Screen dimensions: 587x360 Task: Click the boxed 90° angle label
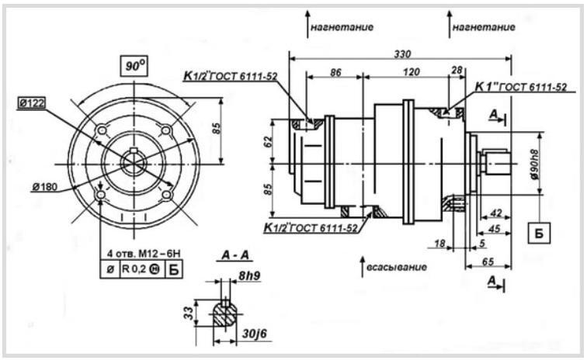click(x=134, y=66)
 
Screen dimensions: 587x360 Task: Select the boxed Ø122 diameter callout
click(x=32, y=103)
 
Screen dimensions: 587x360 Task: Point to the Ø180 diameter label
click(x=45, y=186)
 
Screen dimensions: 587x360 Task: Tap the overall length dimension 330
click(x=402, y=54)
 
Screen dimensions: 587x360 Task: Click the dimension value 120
click(x=412, y=71)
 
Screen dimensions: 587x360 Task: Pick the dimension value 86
click(x=335, y=72)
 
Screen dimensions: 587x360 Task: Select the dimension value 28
click(x=457, y=70)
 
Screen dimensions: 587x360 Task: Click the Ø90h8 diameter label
click(x=535, y=164)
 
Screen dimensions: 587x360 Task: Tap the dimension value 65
click(x=488, y=261)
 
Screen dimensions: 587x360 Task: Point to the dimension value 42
click(x=495, y=213)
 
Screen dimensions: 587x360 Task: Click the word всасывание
click(x=397, y=267)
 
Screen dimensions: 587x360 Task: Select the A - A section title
click(x=235, y=255)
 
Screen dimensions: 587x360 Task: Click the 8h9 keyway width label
click(x=250, y=275)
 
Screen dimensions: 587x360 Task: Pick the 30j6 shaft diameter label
click(x=255, y=333)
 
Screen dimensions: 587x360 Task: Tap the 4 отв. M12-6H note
click(x=144, y=254)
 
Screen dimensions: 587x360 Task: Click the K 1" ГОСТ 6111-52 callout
click(x=521, y=87)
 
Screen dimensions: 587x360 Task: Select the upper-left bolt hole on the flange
click(x=101, y=130)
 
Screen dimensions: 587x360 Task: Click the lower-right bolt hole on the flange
click(x=167, y=195)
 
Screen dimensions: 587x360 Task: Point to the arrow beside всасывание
click(x=362, y=266)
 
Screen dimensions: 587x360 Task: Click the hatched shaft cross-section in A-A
click(x=225, y=314)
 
